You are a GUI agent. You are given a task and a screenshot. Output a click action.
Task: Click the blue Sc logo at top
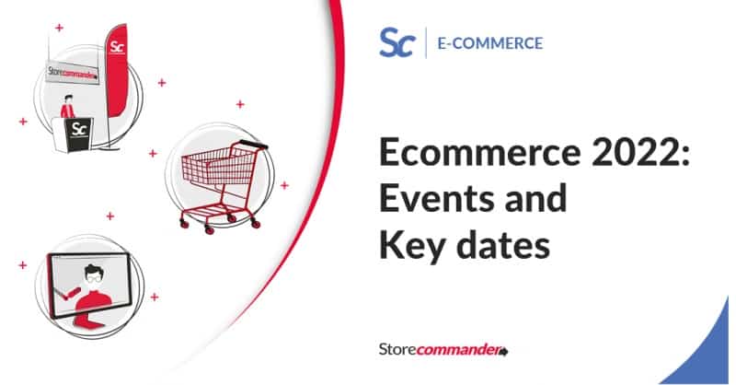397,42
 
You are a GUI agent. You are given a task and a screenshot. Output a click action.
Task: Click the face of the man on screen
91,275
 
